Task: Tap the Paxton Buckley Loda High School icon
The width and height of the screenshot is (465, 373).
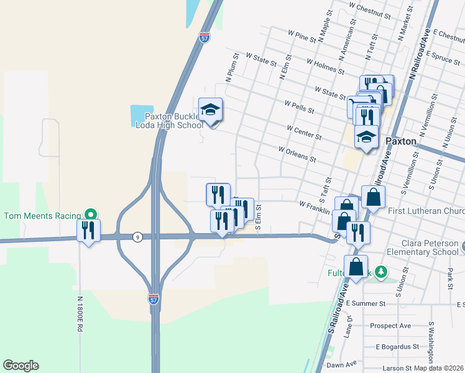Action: pyautogui.click(x=211, y=110)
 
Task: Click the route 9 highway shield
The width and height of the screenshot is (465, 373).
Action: pyautogui.click(x=137, y=237)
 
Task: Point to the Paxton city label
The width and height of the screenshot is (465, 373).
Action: pyautogui.click(x=400, y=141)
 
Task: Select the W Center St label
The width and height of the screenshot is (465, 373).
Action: pyautogui.click(x=304, y=132)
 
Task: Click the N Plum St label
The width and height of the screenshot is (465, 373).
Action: pyautogui.click(x=230, y=73)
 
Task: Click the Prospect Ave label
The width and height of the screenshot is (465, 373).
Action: pyautogui.click(x=390, y=326)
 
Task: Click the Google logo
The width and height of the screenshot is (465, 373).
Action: pyautogui.click(x=21, y=366)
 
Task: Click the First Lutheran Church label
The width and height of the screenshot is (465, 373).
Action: pyautogui.click(x=426, y=212)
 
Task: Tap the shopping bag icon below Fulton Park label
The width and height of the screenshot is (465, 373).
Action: pyautogui.click(x=356, y=267)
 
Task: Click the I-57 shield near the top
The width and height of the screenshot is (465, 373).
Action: pyautogui.click(x=205, y=38)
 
